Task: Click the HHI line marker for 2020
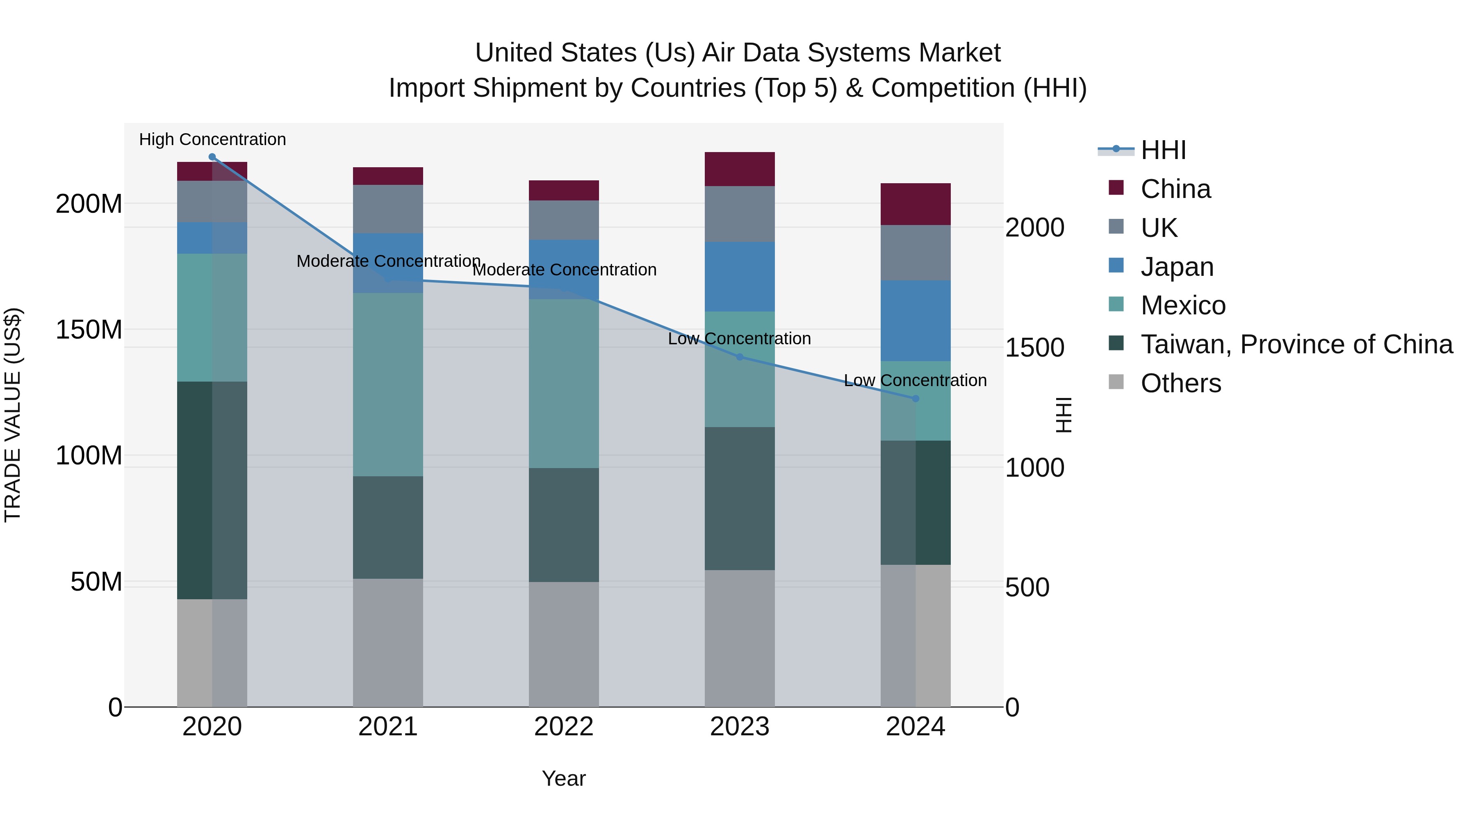pyautogui.click(x=212, y=157)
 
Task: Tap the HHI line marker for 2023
pyautogui.click(x=739, y=357)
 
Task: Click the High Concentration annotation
pyautogui.click(x=212, y=139)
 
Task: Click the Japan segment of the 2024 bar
pyautogui.click(x=915, y=321)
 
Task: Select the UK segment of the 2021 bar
pyautogui.click(x=387, y=209)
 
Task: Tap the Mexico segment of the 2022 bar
pyautogui.click(x=563, y=383)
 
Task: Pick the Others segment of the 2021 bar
pyautogui.click(x=387, y=642)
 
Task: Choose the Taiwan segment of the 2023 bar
pyautogui.click(x=739, y=498)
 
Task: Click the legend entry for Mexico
pyautogui.click(x=1182, y=305)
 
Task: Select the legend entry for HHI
pyautogui.click(x=1163, y=150)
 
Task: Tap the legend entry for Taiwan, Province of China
pyautogui.click(x=1296, y=344)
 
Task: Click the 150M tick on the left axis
pyautogui.click(x=89, y=330)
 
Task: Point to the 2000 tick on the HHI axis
pyautogui.click(x=1035, y=227)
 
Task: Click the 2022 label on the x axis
pyautogui.click(x=563, y=727)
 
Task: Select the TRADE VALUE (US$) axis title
pyautogui.click(x=13, y=415)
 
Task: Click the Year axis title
pyautogui.click(x=563, y=778)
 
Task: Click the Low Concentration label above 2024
pyautogui.click(x=915, y=380)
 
